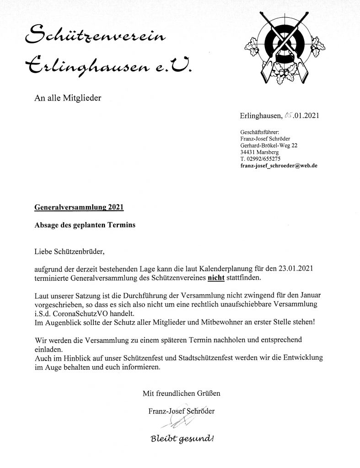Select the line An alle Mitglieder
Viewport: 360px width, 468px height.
point(67,97)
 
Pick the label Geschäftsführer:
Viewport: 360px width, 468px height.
point(259,132)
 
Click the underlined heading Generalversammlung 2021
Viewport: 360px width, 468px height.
point(79,207)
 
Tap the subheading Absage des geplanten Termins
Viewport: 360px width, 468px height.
point(85,225)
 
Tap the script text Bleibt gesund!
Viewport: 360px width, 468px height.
point(182,439)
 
